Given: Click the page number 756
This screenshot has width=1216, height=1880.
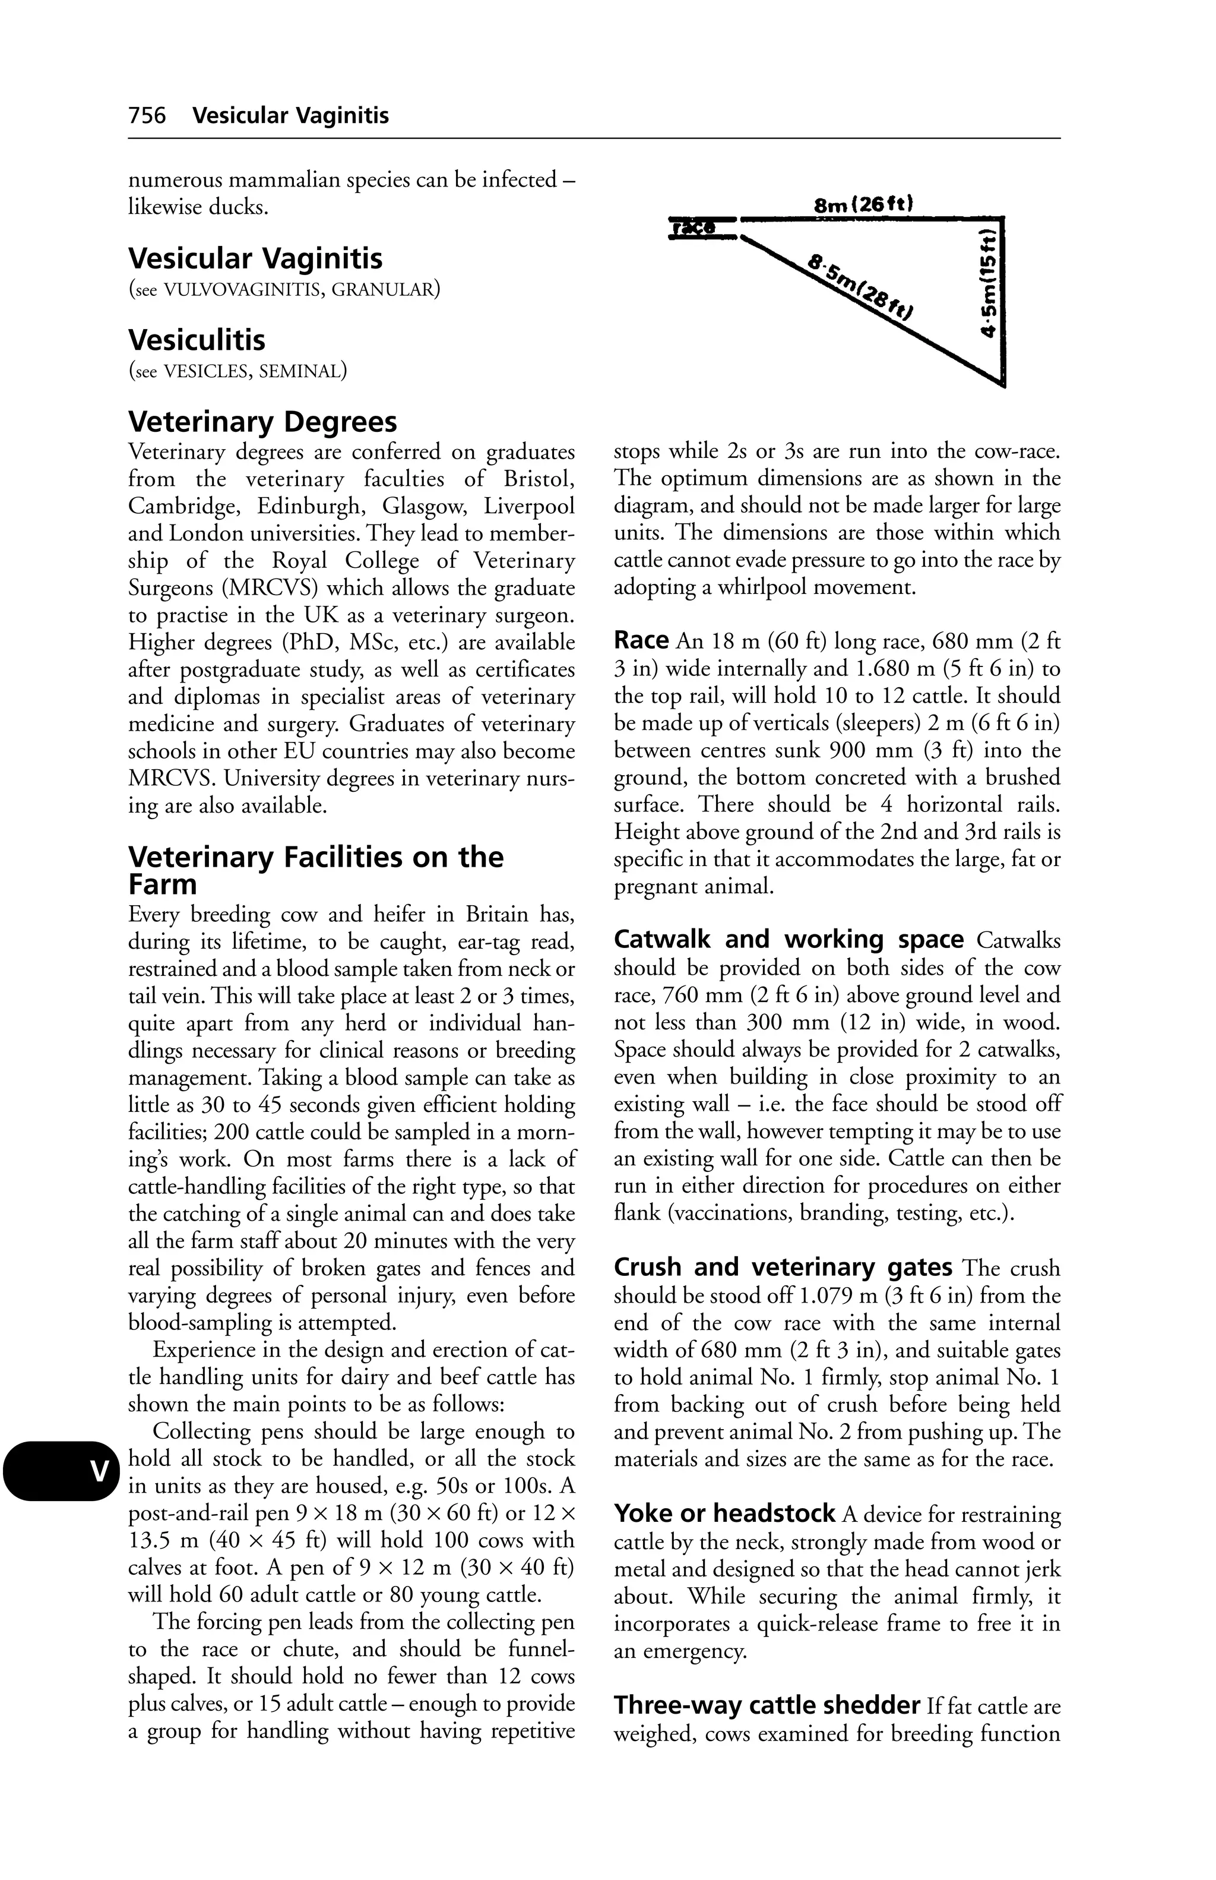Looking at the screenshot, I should [x=147, y=116].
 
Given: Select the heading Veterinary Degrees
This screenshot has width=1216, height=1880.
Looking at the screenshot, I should [x=262, y=422].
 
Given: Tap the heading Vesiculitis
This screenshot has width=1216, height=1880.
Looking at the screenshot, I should [x=197, y=340].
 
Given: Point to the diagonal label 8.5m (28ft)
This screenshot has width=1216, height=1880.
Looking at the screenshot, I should [x=861, y=287].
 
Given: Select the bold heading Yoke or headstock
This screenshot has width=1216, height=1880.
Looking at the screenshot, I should [x=724, y=1514].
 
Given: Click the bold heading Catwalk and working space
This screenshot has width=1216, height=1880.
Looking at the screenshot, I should [x=788, y=939].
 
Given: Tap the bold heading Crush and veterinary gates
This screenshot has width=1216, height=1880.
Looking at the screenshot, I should [x=783, y=1267].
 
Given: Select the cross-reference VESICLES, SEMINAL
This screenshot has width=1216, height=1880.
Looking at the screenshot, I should [x=254, y=371].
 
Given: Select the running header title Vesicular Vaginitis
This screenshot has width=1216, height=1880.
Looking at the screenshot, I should [x=290, y=116].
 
